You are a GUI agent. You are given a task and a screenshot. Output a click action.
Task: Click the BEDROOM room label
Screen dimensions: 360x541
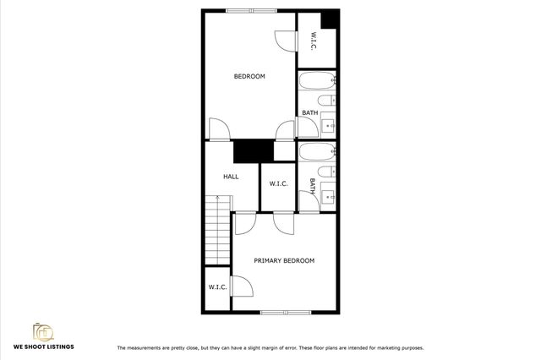point(249,76)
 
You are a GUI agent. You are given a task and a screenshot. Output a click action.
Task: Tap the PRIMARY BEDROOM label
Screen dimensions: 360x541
point(284,260)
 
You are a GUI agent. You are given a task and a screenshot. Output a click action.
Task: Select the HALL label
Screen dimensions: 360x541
point(231,177)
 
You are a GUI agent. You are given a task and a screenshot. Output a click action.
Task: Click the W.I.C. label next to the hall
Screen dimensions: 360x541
point(279,183)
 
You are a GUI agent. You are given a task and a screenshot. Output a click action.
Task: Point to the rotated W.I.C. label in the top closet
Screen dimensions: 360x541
point(313,40)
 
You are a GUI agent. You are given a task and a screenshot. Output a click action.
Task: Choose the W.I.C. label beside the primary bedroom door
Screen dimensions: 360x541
point(217,287)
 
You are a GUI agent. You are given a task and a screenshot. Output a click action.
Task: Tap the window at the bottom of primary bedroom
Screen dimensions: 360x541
point(286,313)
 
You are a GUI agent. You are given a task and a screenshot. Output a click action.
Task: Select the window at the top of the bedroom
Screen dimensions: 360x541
point(250,10)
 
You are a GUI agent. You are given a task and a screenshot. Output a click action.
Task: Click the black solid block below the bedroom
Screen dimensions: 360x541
point(253,150)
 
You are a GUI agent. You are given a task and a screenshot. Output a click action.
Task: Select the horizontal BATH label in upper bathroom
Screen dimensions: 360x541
point(310,112)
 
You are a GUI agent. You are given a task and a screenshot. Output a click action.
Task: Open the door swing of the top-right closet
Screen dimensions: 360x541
point(285,41)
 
